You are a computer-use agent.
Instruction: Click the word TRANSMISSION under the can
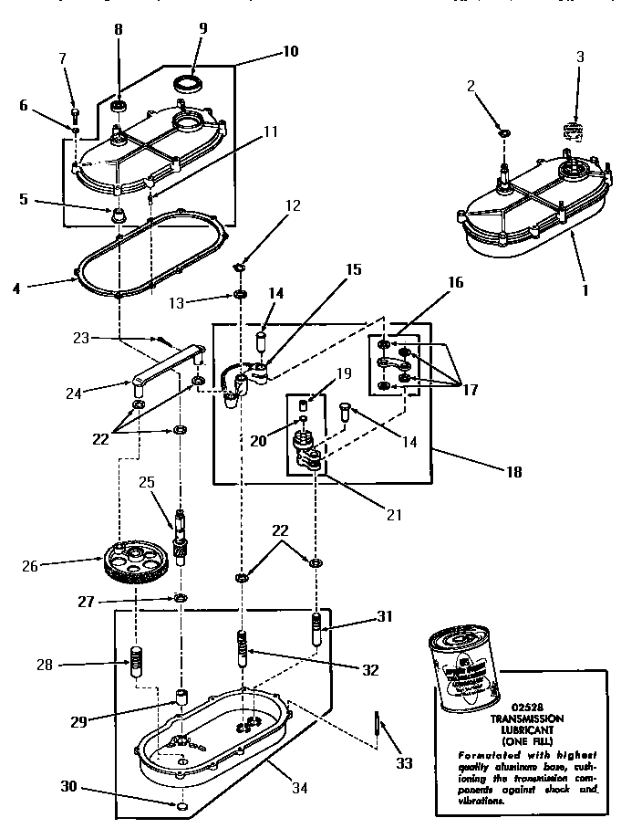pos(514,719)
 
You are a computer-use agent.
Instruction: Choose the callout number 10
pos(289,51)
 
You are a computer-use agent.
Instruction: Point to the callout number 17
pos(470,388)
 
